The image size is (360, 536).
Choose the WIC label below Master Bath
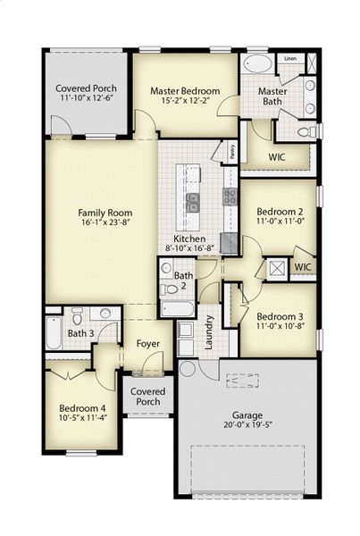(x=277, y=157)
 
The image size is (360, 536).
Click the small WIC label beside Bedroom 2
(x=303, y=266)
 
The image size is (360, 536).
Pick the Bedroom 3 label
(x=279, y=316)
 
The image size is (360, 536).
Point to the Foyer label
(x=147, y=343)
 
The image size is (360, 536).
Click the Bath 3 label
(x=80, y=333)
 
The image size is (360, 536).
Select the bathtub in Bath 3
(x=54, y=333)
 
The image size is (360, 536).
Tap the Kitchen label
(x=190, y=239)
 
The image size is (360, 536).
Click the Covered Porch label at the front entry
(x=147, y=396)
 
